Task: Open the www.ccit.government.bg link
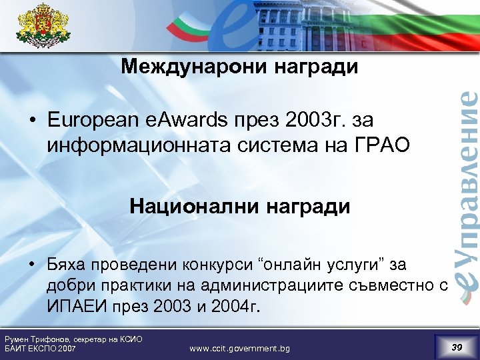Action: [x=240, y=349]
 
